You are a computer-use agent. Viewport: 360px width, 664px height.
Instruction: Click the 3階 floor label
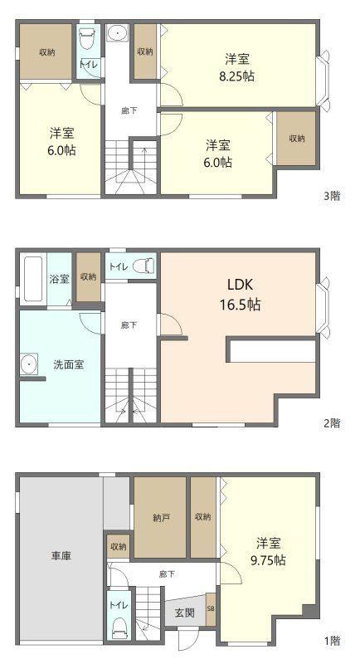(332, 196)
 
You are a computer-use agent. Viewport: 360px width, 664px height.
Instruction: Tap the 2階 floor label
(332, 422)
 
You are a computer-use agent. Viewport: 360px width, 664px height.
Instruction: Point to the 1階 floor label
(332, 640)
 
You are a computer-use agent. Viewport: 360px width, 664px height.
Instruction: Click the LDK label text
(240, 285)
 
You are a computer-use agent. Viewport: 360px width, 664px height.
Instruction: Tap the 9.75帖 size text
(268, 559)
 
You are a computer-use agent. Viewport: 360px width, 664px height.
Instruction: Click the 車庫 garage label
(61, 556)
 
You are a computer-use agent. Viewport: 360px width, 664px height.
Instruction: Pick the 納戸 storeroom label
(161, 517)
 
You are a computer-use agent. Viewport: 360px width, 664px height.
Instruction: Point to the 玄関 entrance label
(185, 613)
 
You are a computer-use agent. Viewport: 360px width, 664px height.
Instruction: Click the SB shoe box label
(211, 609)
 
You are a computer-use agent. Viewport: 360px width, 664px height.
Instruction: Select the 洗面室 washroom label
(68, 364)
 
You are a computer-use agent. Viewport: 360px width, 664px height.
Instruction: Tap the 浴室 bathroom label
(59, 280)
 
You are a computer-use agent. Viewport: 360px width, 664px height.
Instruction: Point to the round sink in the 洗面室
(29, 364)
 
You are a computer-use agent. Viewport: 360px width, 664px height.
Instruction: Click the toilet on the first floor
(119, 629)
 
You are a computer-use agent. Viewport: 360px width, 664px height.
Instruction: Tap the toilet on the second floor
(144, 266)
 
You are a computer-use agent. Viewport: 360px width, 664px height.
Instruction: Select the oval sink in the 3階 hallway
(117, 33)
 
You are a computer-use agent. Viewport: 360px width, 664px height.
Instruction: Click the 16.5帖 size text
(240, 304)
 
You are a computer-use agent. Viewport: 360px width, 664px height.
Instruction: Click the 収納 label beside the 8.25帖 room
(145, 51)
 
